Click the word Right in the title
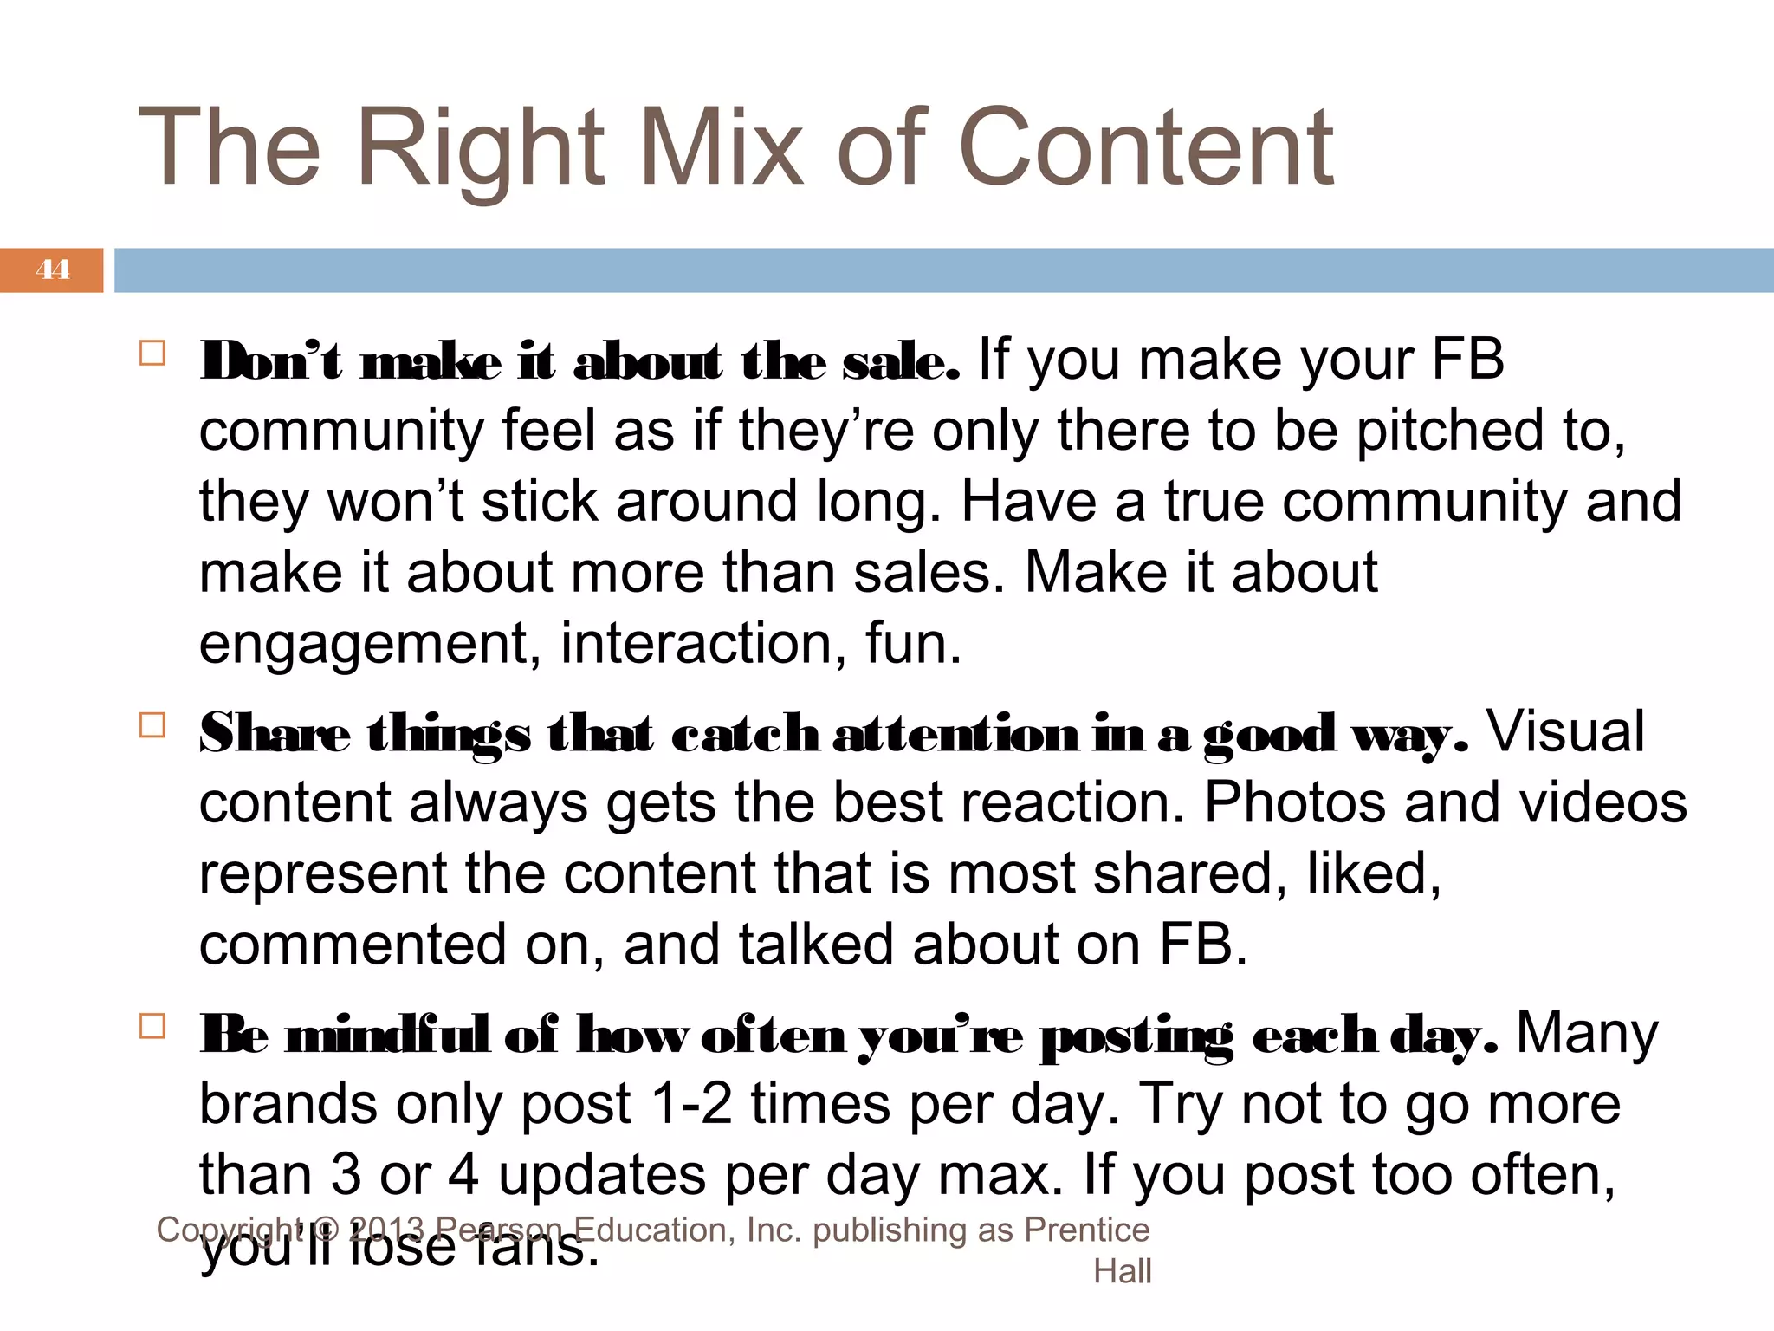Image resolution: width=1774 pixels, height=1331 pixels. coord(480,149)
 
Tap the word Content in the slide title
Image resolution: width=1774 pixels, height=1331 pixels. coord(1145,149)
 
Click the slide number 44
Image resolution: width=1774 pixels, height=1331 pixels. coord(52,269)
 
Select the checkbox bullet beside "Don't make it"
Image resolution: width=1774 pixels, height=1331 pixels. coord(152,354)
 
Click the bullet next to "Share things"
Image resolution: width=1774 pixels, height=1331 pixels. coord(152,724)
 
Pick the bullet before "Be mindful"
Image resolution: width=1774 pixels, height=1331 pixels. coord(152,1026)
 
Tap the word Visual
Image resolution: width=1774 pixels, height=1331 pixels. coord(1565,732)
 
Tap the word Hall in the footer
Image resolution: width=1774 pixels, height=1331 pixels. coord(1122,1271)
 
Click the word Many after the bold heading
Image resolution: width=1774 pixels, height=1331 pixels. coord(1587,1034)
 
